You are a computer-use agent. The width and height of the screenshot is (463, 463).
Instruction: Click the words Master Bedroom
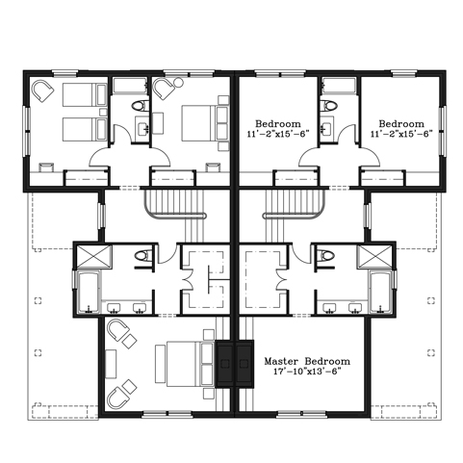click(307, 361)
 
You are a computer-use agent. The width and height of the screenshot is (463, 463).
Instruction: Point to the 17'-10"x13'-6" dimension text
click(307, 372)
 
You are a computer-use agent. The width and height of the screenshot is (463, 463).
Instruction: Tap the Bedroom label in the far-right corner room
click(401, 123)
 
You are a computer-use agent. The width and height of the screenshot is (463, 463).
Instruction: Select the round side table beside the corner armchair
click(178, 83)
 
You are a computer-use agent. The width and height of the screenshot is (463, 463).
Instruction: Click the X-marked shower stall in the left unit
click(94, 257)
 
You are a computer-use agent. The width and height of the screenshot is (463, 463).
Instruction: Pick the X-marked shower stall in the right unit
click(374, 257)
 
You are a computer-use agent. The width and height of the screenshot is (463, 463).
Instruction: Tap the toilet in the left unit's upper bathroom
click(141, 106)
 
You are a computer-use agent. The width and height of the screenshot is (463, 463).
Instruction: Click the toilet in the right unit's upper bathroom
click(329, 106)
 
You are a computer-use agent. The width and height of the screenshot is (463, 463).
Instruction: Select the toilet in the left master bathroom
click(142, 256)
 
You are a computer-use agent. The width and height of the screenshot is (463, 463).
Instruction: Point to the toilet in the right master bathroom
click(325, 256)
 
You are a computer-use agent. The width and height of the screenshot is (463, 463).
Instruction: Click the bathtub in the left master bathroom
click(89, 292)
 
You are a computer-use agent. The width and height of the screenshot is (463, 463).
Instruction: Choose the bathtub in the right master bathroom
click(380, 292)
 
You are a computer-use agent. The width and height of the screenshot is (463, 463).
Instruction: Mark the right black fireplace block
click(245, 364)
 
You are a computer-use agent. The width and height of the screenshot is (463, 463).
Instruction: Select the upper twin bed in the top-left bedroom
click(85, 94)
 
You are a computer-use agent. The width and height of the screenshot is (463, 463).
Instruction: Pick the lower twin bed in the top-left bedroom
click(85, 129)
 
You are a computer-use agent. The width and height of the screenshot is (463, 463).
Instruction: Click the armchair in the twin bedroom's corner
click(42, 90)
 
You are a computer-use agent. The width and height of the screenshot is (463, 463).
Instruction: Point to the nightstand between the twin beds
click(103, 112)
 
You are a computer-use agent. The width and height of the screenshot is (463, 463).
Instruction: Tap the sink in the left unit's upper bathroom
click(142, 129)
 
